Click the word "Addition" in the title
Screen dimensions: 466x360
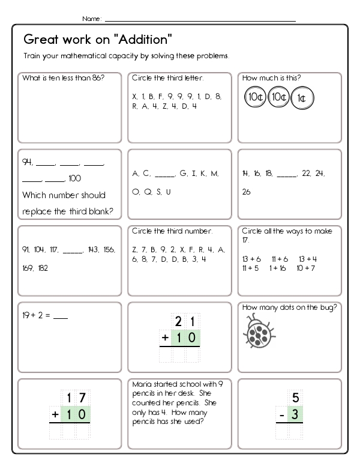145,40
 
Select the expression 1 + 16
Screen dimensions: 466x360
278,268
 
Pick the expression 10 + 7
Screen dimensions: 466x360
306,268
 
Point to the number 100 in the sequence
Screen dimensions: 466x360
74,178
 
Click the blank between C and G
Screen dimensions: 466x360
165,174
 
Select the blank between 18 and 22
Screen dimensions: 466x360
287,174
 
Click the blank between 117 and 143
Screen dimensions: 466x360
73,249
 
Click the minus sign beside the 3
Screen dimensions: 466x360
279,415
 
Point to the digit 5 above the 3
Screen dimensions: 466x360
295,397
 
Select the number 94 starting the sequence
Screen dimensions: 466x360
26,162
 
